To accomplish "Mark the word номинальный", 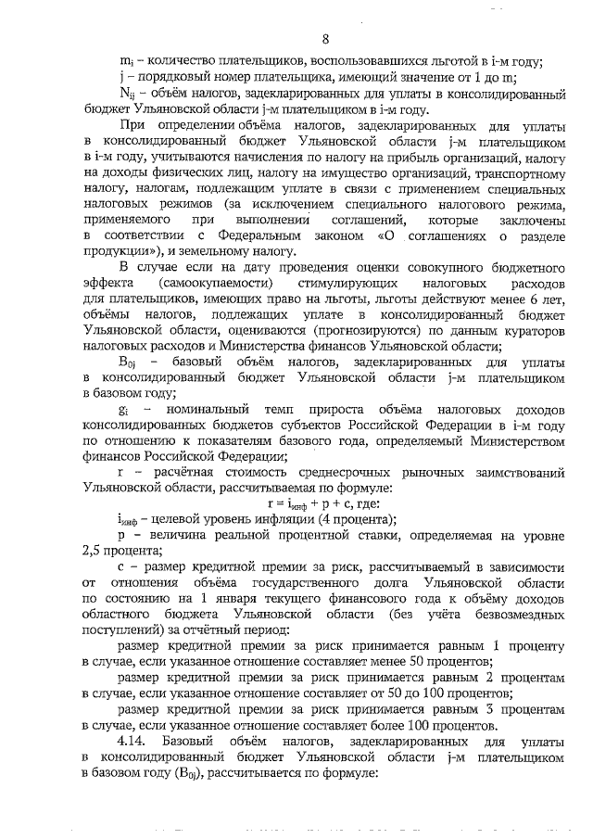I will (x=201, y=410).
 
